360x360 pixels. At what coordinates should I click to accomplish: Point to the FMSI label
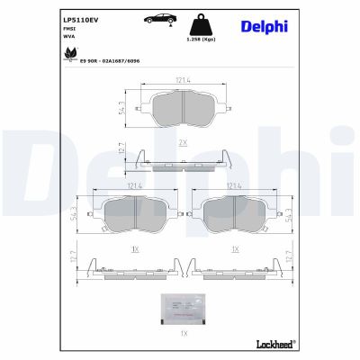[68, 28]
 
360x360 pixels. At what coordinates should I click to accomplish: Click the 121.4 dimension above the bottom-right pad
[234, 185]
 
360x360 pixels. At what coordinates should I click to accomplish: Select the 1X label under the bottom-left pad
[134, 248]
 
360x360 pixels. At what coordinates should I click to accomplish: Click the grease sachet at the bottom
[183, 309]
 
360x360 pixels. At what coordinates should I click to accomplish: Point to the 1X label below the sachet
[183, 334]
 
